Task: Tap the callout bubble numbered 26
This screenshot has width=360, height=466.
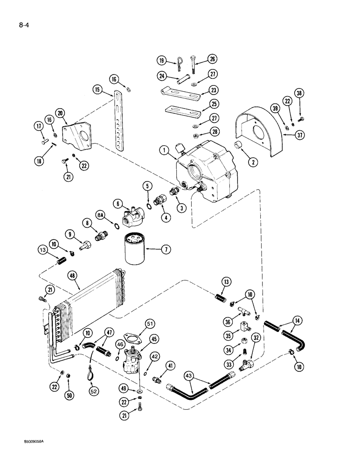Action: pyautogui.click(x=213, y=59)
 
